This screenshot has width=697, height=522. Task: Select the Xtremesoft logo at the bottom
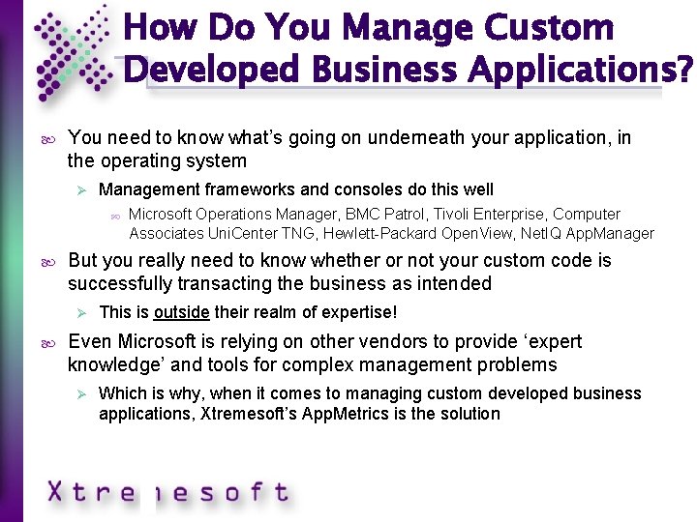click(x=167, y=492)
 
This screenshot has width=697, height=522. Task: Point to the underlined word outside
click(x=182, y=312)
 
